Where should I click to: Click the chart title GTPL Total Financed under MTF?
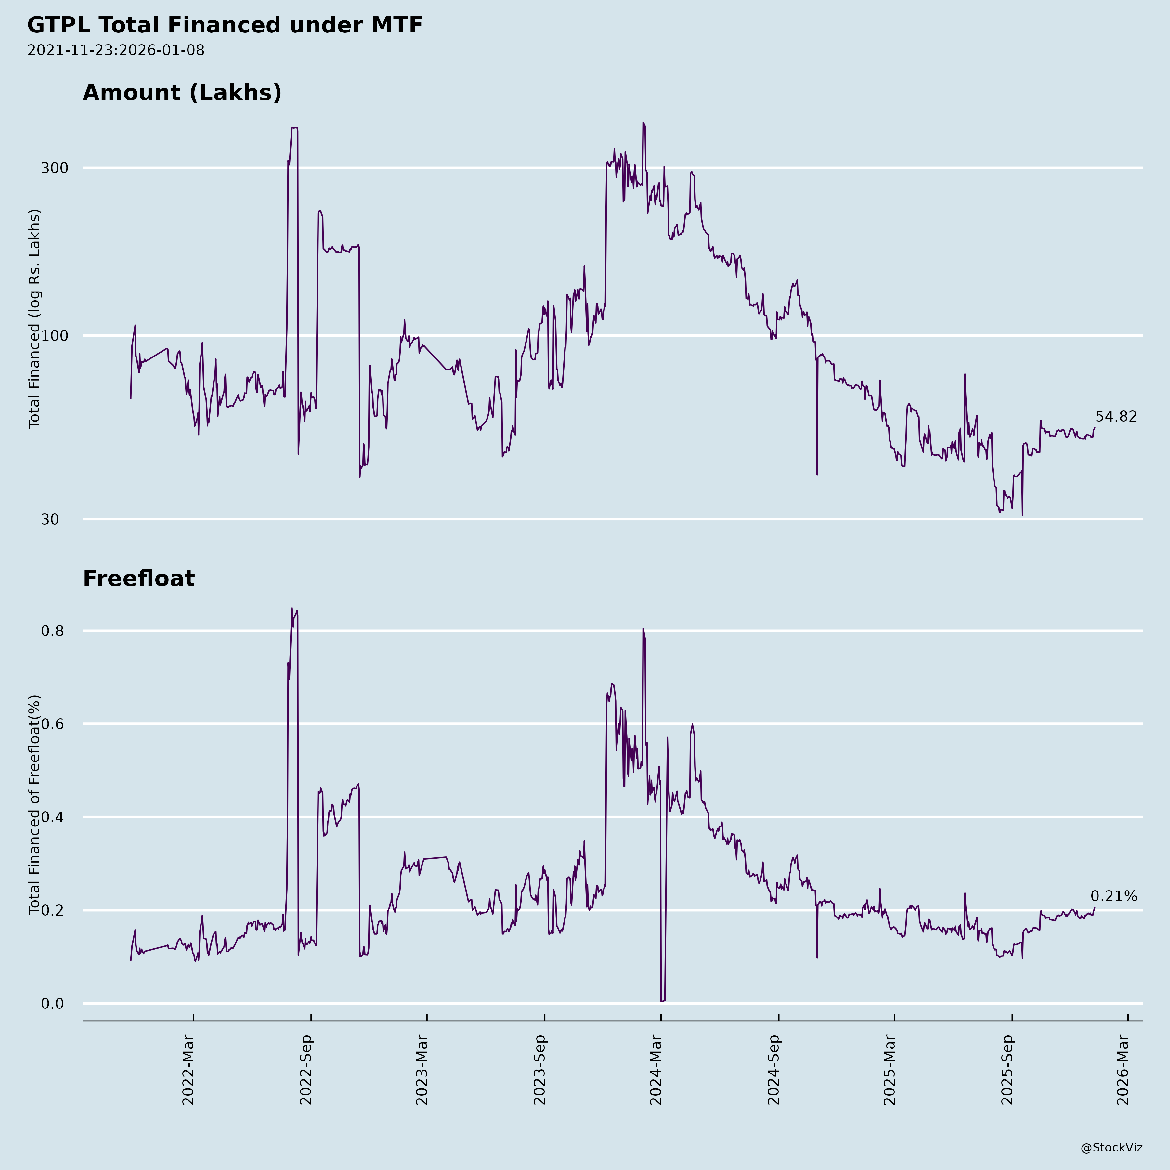pyautogui.click(x=225, y=25)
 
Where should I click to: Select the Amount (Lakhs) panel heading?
pyautogui.click(x=182, y=93)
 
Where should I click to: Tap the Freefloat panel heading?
pyautogui.click(x=139, y=578)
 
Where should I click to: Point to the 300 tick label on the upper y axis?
pyautogui.click(x=54, y=168)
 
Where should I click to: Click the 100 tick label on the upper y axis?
pyautogui.click(x=54, y=335)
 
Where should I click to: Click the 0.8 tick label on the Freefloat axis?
pyautogui.click(x=52, y=631)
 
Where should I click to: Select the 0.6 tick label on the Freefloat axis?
pyautogui.click(x=52, y=724)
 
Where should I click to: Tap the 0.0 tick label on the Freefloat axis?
pyautogui.click(x=52, y=1004)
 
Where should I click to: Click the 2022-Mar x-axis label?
pyautogui.click(x=188, y=1070)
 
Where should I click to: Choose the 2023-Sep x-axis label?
pyautogui.click(x=539, y=1070)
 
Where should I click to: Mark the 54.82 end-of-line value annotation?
pyautogui.click(x=1115, y=417)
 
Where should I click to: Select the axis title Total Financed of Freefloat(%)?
pyautogui.click(x=34, y=805)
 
